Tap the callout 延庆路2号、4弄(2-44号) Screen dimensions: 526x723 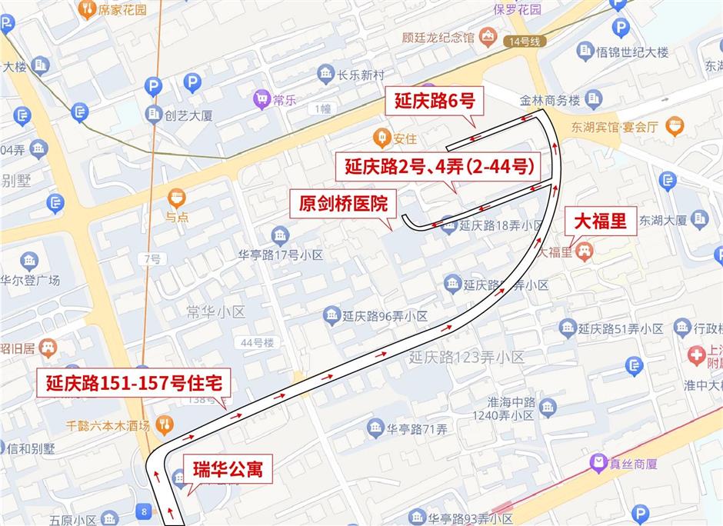click(x=439, y=165)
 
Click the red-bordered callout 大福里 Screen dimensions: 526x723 click(x=601, y=222)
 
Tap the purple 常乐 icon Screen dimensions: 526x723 click(x=262, y=99)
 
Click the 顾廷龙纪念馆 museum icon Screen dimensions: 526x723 click(x=487, y=36)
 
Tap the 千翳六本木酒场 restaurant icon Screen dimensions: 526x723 click(x=163, y=424)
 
